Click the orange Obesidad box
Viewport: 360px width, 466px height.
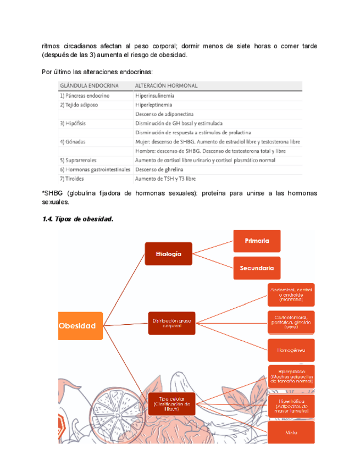coord(80,325)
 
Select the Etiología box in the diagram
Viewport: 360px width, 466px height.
coord(168,253)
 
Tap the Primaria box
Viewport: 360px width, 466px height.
coord(257,241)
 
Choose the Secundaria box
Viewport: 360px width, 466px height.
coord(257,268)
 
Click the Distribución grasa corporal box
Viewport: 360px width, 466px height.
coord(171,322)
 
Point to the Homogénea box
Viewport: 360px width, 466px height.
coord(291,349)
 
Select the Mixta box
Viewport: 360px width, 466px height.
coord(291,432)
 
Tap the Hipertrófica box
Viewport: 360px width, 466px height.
coord(291,405)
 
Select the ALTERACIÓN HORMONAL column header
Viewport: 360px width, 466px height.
coord(167,86)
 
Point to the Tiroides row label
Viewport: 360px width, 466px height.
coord(74,179)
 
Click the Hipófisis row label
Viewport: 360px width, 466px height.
coord(76,123)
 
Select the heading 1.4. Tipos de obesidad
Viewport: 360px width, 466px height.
coord(77,219)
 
